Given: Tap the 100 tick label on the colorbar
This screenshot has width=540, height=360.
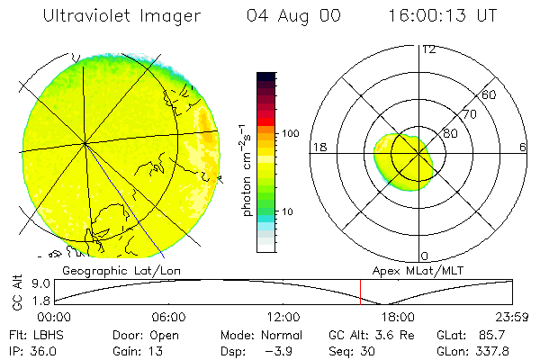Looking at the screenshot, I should click(290, 133).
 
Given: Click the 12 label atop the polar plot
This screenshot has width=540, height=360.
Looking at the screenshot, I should click(428, 49).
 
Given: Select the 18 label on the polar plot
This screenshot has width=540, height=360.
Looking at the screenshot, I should click(318, 147).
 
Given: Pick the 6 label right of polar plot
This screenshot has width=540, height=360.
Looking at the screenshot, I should click(522, 147).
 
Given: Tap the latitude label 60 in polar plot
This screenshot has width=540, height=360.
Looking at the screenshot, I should click(490, 94).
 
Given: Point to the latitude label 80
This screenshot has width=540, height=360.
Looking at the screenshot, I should click(451, 133).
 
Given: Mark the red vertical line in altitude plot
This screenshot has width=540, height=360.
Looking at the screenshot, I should click(360, 292).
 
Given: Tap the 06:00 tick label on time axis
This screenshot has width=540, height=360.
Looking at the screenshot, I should click(168, 317).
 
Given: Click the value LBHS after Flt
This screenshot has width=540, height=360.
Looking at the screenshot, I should click(49, 334).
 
